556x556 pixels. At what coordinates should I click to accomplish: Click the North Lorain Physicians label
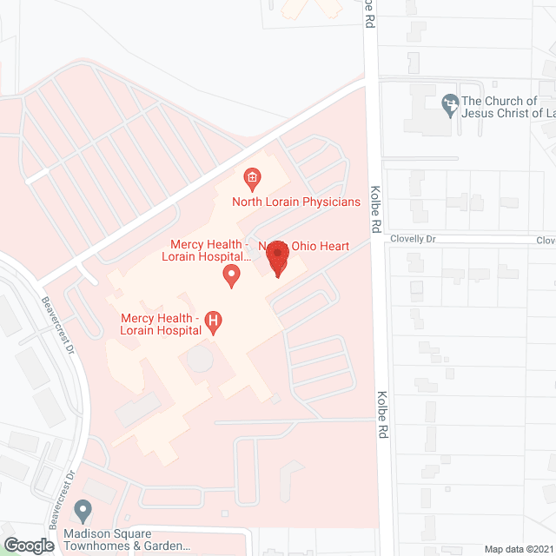(x=295, y=202)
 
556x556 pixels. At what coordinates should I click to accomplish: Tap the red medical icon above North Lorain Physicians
(x=252, y=180)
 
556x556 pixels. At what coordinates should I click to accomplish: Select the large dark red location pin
(x=277, y=258)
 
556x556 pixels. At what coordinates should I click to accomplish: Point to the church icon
(x=449, y=105)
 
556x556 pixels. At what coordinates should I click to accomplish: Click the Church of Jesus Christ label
(x=508, y=106)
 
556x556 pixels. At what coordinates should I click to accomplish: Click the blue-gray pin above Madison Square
(x=83, y=509)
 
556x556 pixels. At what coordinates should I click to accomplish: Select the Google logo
(x=28, y=545)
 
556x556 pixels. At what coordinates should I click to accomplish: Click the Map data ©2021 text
(x=518, y=548)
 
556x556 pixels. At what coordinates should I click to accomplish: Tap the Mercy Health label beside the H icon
(x=161, y=325)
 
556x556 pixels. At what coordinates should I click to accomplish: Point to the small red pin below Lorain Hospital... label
(x=231, y=277)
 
